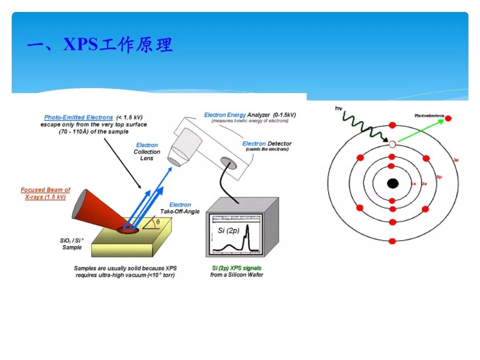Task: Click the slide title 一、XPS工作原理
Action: point(100,45)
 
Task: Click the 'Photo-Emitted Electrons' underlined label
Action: point(79,117)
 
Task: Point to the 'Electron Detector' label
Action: point(267,144)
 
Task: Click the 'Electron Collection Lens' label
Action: point(147,152)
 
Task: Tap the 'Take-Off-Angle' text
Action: point(180,212)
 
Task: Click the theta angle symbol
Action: point(158,221)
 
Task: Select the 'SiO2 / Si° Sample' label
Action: point(72,244)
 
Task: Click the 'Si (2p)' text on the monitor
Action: point(228,231)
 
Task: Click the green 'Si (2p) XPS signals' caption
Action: point(236,268)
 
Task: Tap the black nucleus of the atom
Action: point(392,183)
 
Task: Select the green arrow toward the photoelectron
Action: point(420,131)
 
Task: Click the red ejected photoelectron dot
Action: point(448,118)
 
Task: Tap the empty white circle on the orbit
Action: point(392,144)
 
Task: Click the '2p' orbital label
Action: point(439,177)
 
